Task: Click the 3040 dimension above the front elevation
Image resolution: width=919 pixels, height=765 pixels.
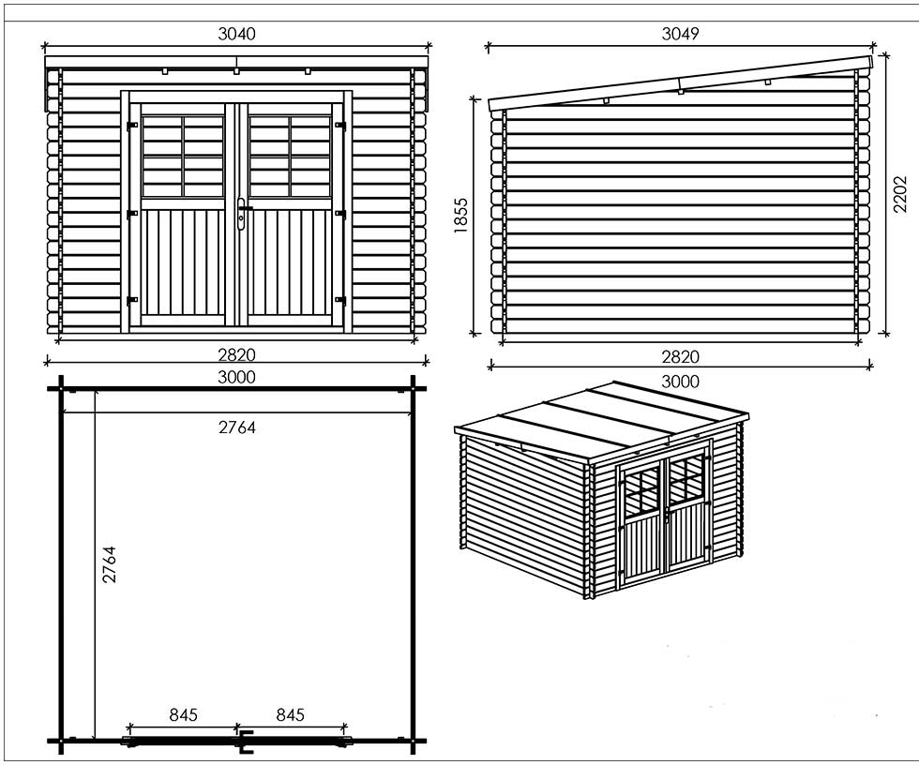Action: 236,34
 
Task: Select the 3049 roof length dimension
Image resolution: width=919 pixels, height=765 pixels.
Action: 680,34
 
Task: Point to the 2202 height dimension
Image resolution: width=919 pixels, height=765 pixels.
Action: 900,194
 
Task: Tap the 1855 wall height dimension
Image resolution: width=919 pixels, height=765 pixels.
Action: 461,216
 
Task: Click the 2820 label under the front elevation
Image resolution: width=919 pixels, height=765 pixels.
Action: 236,355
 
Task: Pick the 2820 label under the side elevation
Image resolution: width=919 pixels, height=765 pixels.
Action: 680,357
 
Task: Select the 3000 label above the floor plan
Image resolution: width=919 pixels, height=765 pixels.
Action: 236,377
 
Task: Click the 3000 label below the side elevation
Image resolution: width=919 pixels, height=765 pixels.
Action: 680,382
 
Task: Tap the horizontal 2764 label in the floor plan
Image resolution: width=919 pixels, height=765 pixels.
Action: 236,427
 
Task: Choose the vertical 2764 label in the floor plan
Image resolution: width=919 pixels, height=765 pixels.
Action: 110,564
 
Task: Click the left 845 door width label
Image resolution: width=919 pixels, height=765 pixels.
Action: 184,714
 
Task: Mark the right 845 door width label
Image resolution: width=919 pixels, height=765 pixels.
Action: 290,714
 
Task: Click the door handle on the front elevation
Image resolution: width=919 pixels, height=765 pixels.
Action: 242,213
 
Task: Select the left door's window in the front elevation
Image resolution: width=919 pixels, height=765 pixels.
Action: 183,156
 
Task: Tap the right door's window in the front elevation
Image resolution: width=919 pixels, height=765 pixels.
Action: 290,156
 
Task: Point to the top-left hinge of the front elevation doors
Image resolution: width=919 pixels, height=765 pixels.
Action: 132,126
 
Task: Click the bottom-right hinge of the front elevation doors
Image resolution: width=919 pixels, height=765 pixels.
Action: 339,301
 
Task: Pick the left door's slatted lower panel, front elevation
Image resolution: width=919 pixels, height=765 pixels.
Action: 183,262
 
